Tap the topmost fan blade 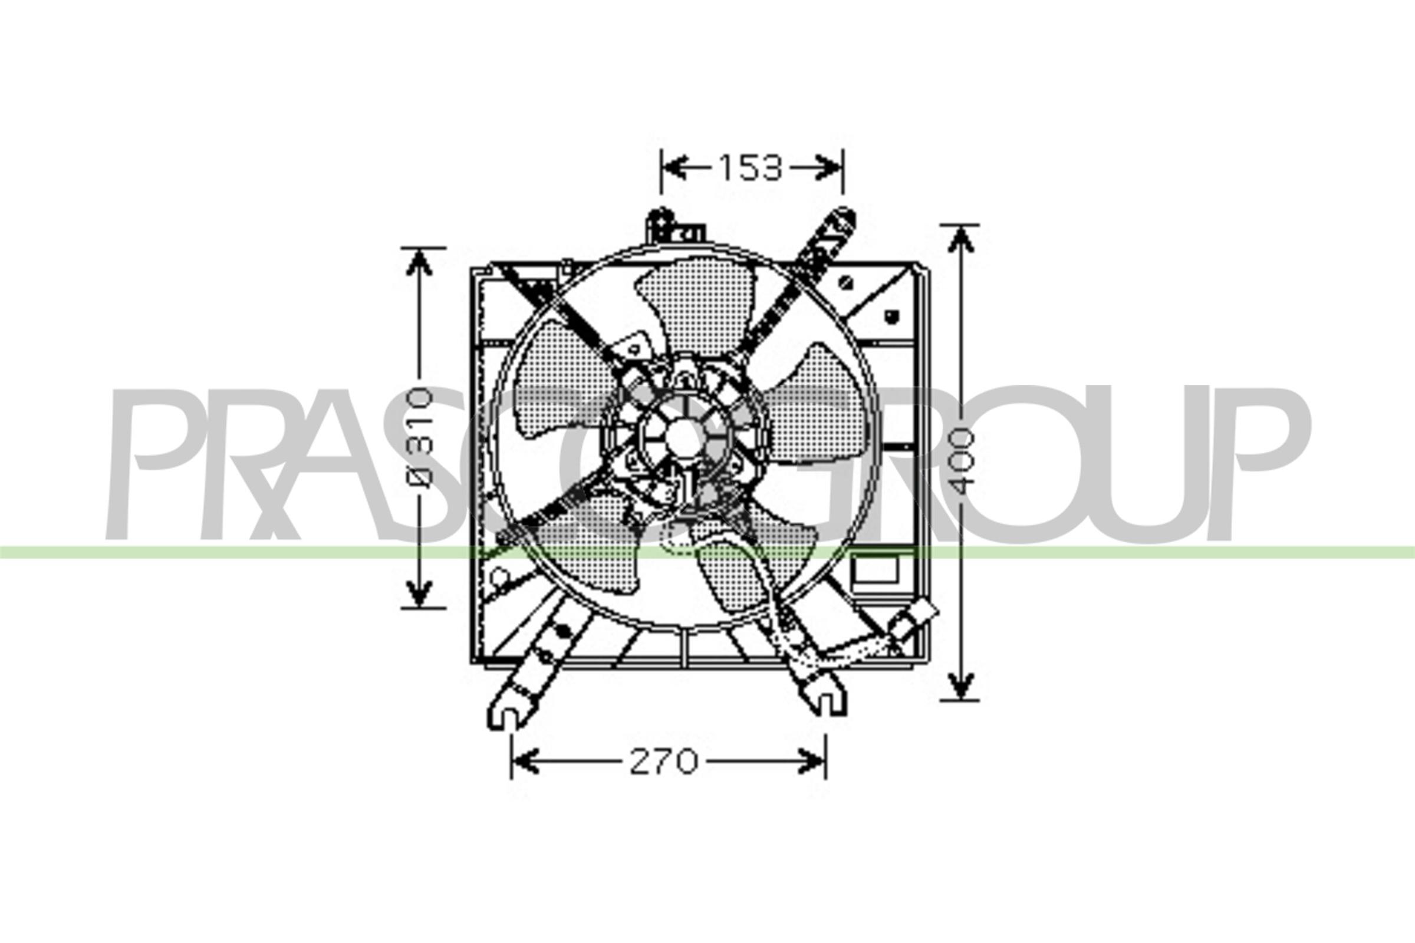point(698,306)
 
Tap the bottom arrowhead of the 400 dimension point(961,685)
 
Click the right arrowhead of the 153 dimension point(830,168)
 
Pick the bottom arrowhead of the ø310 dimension point(419,592)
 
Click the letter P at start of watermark point(156,463)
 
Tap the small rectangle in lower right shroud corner point(876,568)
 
